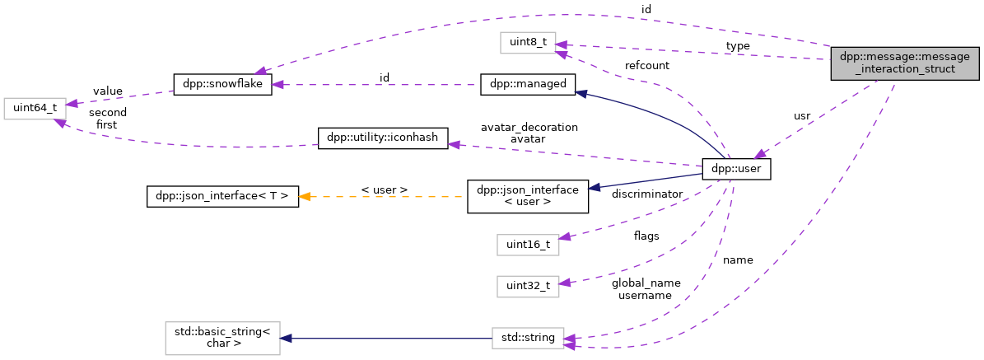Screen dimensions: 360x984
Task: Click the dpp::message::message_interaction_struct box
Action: (905, 63)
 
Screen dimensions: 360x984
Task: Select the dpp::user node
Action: (735, 170)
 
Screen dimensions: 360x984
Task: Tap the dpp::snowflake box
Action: (222, 84)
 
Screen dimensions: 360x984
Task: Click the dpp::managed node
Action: (527, 84)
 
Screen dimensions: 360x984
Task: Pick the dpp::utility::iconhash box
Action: (383, 138)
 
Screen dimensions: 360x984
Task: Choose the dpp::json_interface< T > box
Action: (222, 197)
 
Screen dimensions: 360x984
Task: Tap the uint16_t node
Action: (527, 245)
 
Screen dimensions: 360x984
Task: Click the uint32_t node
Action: (527, 287)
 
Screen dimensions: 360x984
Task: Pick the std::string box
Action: (527, 338)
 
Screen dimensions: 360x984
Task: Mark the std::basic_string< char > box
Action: (222, 338)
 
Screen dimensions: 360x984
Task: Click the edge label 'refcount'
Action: (646, 66)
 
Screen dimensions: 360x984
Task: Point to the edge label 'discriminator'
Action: (647, 194)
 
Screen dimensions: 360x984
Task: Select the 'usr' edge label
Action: (801, 115)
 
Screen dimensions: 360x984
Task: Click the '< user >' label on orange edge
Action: (384, 190)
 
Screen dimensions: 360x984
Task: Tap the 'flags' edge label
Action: (646, 236)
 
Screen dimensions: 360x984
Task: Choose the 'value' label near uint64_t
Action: (108, 91)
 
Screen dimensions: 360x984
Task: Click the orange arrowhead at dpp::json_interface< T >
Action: (305, 197)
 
